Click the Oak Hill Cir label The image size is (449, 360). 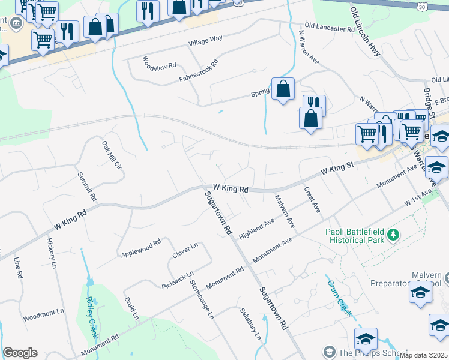[112, 156]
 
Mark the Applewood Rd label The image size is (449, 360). [140, 249]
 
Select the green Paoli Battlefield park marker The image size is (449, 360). [393, 234]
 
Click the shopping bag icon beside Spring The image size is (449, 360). [283, 89]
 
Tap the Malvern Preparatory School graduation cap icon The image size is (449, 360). [420, 292]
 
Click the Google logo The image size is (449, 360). [20, 352]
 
